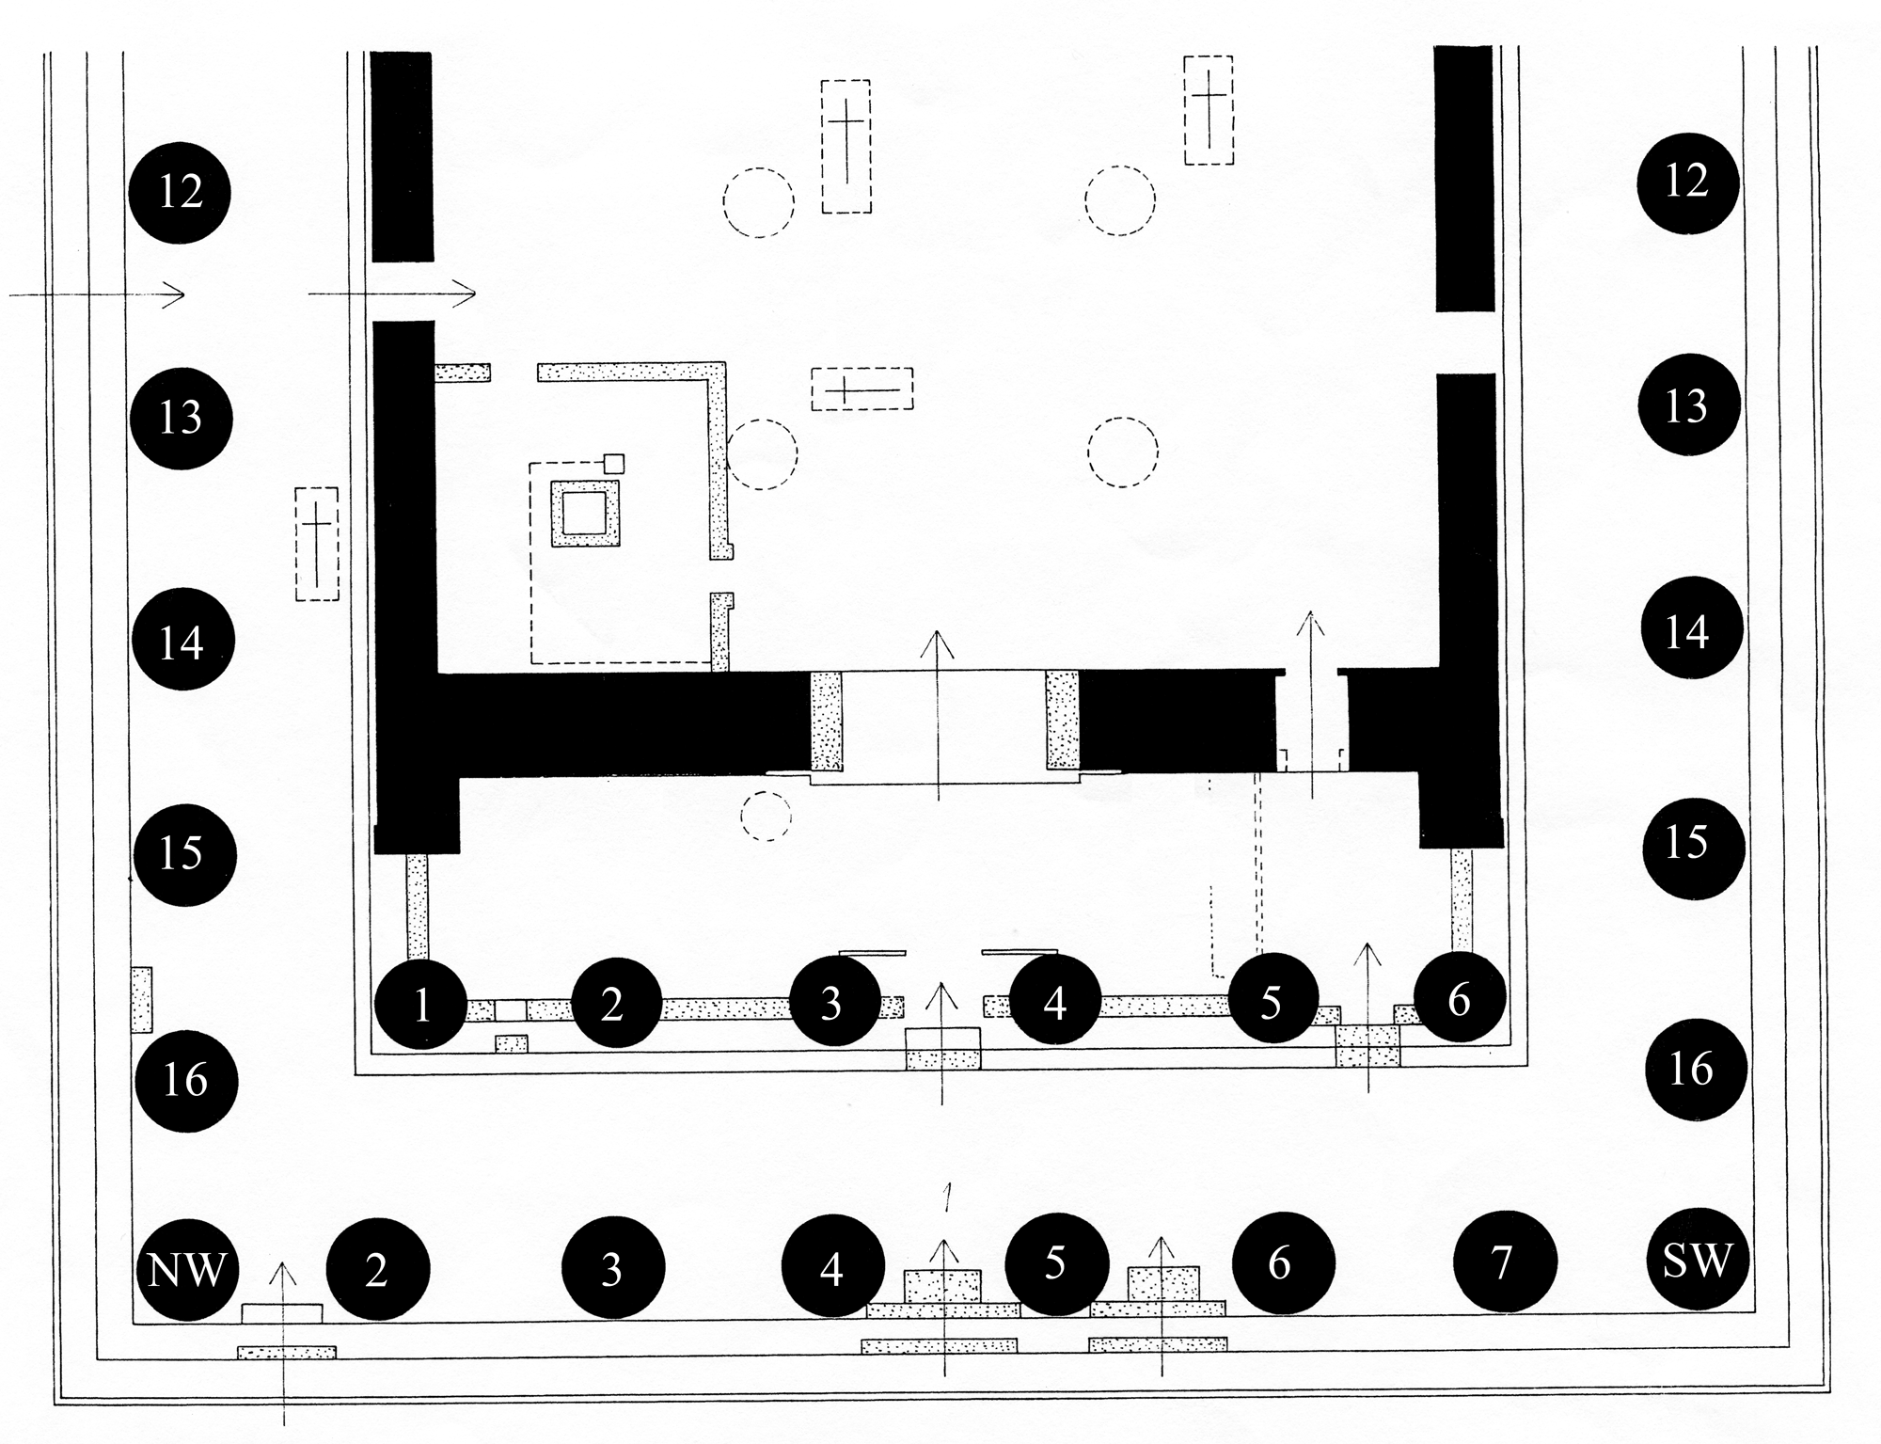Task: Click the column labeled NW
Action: (x=188, y=1269)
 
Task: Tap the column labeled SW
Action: (x=1697, y=1261)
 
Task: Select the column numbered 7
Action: (x=1504, y=1262)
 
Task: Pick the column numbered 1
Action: (x=420, y=1004)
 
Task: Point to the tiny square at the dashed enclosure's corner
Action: (x=614, y=463)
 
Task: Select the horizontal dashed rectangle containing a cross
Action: (x=862, y=389)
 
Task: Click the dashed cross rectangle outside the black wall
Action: (x=317, y=544)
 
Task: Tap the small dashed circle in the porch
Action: (x=767, y=816)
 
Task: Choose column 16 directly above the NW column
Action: (x=185, y=1080)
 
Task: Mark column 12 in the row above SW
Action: (x=1687, y=182)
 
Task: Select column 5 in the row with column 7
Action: (x=1056, y=1262)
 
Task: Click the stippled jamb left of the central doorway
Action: (x=827, y=721)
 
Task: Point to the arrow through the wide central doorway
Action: (x=938, y=715)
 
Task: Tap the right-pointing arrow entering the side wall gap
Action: (x=392, y=294)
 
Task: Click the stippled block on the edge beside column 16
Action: (x=141, y=999)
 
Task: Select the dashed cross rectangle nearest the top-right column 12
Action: (x=1209, y=110)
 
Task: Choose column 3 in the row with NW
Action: (x=613, y=1269)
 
